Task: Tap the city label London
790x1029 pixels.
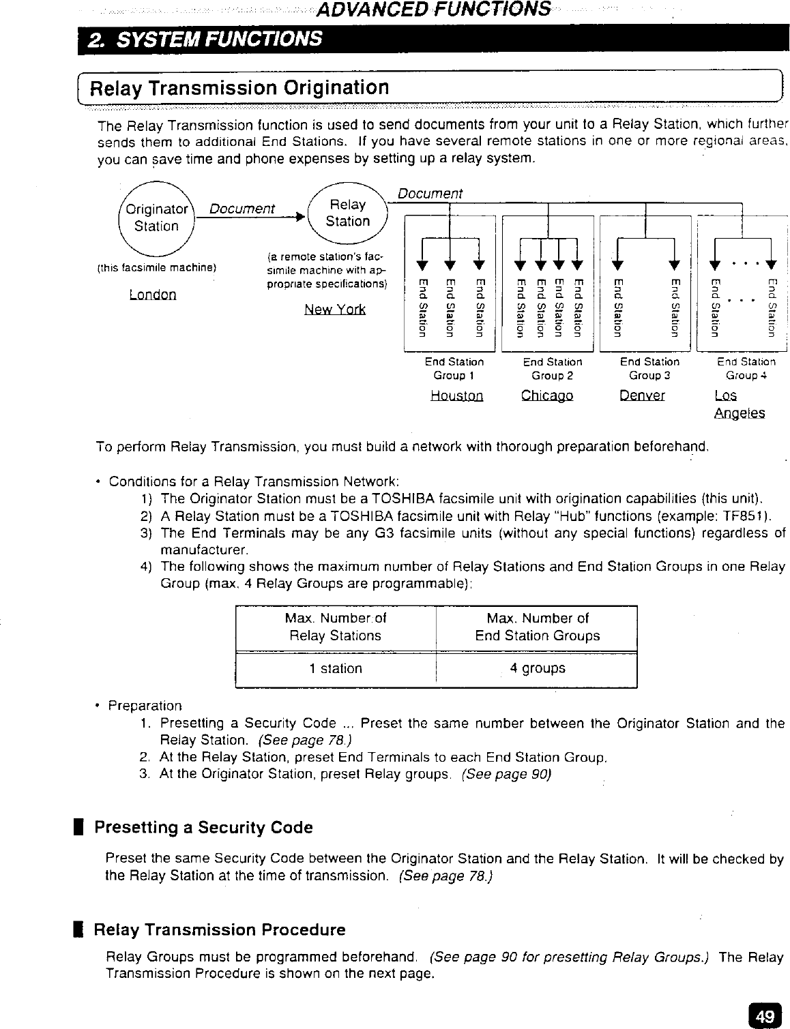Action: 153,295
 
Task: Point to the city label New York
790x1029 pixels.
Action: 335,310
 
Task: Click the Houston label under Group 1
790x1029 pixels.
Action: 457,396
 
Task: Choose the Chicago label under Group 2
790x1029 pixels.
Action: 547,396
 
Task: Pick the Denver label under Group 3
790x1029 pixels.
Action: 642,396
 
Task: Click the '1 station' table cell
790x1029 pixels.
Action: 336,668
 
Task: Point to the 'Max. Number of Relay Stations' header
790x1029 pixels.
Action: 336,627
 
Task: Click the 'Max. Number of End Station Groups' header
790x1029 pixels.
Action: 538,627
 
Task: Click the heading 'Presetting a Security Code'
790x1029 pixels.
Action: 203,827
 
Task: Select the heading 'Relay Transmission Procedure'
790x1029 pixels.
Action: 219,929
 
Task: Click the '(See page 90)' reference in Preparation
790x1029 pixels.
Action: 506,775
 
